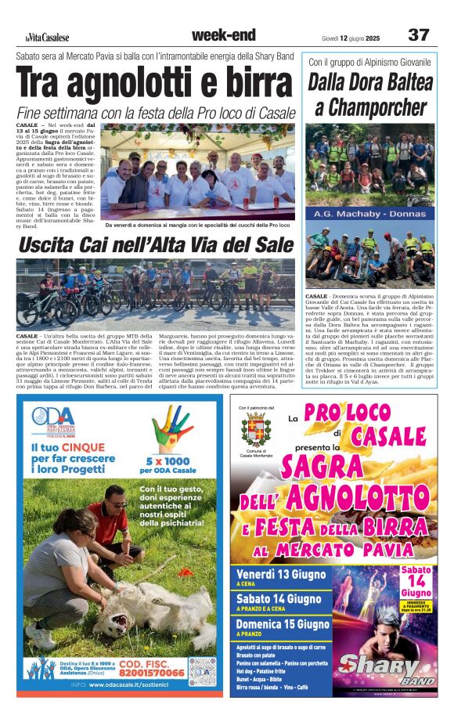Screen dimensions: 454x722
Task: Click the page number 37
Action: point(419,35)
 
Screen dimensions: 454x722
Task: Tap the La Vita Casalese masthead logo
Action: point(46,37)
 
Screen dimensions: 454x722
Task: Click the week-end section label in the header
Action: point(223,35)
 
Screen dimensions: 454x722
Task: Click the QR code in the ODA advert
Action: point(201,671)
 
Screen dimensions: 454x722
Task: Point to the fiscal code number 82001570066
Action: point(153,673)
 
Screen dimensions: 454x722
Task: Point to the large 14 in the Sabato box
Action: point(416,581)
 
